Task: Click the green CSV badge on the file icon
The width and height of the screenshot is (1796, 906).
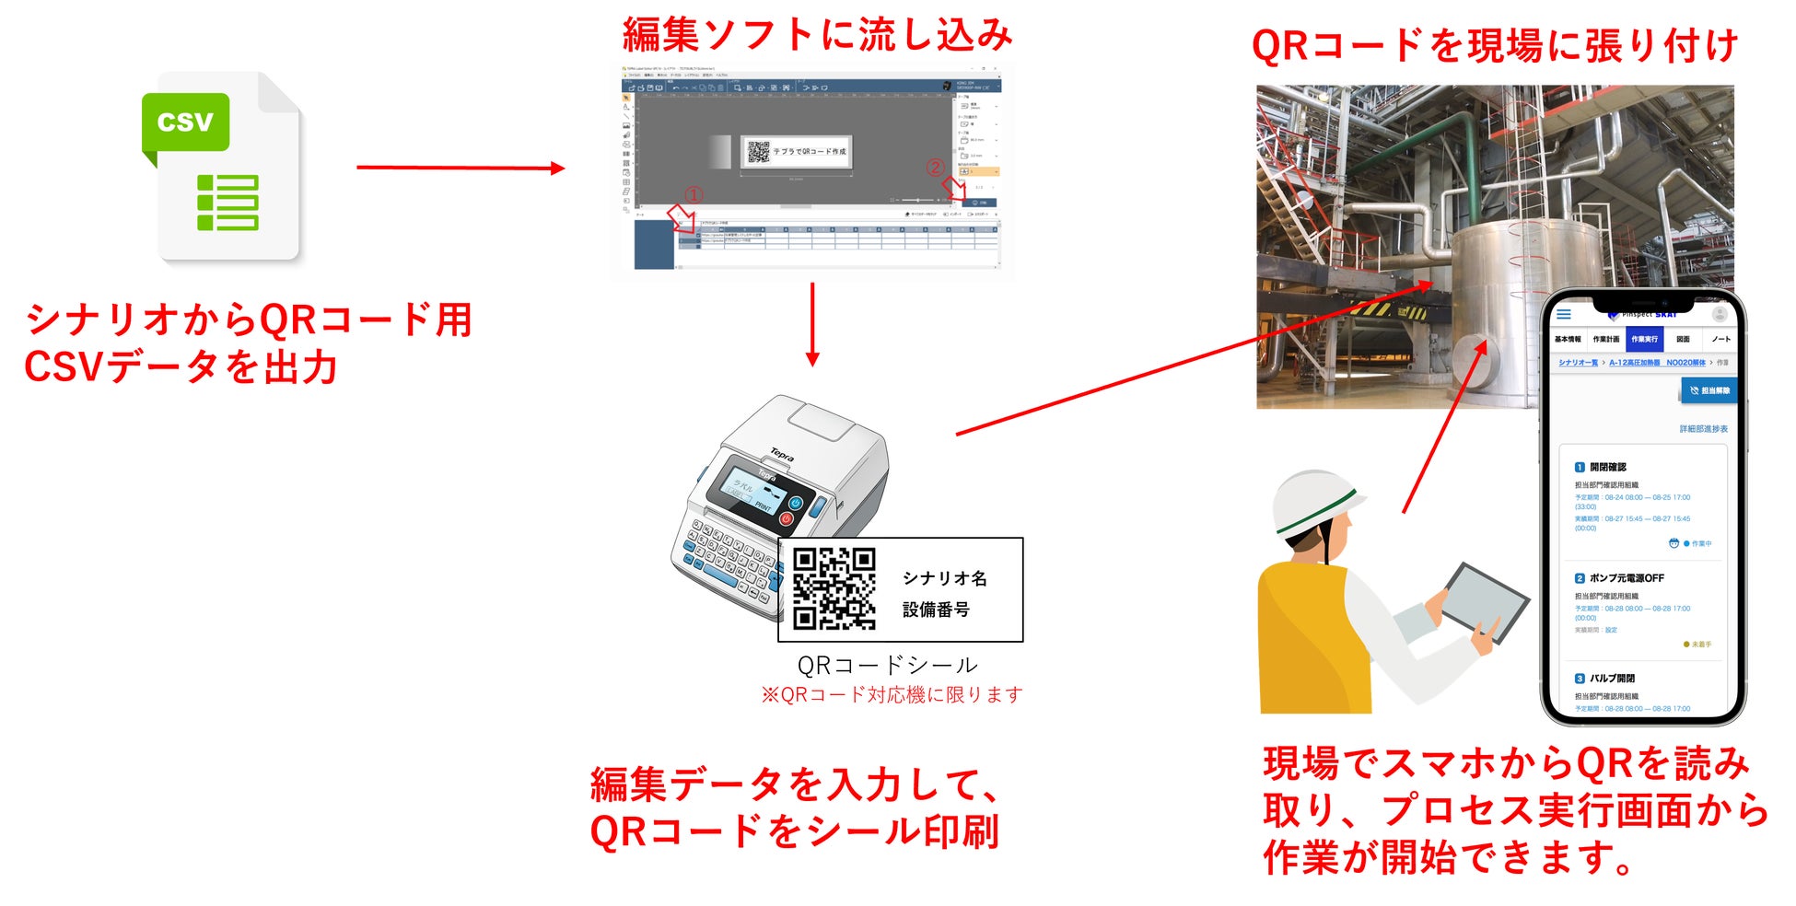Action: (185, 122)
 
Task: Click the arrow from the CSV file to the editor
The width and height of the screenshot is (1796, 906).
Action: (460, 168)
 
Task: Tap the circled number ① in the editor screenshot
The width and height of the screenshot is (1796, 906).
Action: (694, 195)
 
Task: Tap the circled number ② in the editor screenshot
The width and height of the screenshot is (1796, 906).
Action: (935, 168)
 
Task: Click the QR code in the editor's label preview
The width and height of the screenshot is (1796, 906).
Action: (758, 151)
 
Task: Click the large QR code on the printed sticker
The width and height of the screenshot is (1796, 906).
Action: (834, 588)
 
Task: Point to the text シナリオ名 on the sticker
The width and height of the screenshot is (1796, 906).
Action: (944, 578)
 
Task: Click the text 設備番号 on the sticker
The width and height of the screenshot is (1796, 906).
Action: (936, 610)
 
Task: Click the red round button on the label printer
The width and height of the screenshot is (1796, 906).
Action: (787, 518)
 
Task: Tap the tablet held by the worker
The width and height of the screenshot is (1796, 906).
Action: (1484, 602)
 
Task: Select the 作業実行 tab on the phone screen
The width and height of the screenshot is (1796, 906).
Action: (1644, 339)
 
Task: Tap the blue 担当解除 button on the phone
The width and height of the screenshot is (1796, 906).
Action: (1709, 390)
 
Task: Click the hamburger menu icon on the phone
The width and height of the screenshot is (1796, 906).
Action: (1564, 315)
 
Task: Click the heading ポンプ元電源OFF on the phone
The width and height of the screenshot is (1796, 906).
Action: (1626, 578)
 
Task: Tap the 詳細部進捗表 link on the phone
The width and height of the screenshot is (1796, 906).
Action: (1703, 429)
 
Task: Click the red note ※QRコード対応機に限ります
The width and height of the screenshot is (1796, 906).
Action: (892, 695)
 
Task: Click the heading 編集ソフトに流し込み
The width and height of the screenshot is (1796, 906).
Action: (817, 35)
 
